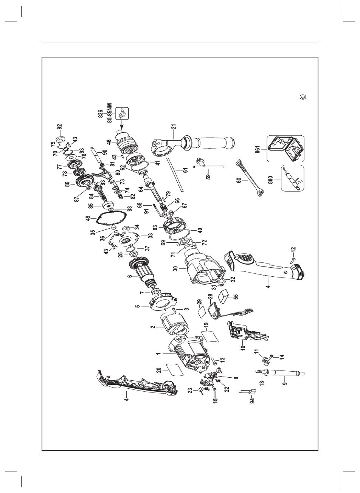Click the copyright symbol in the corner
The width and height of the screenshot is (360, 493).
pyautogui.click(x=302, y=97)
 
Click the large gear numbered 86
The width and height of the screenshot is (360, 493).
pyautogui.click(x=84, y=183)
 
